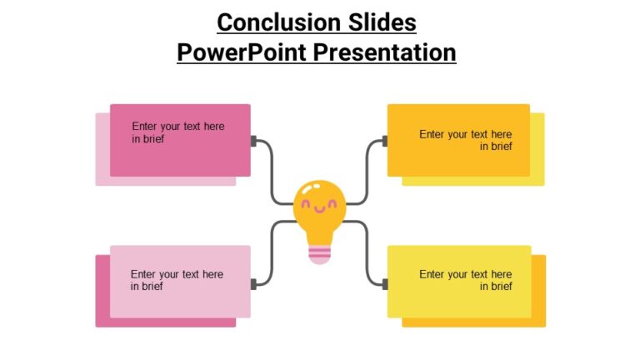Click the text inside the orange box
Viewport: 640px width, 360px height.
[465, 140]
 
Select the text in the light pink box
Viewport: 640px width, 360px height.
[177, 280]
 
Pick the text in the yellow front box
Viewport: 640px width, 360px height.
[465, 280]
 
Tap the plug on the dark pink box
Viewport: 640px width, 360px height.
[253, 142]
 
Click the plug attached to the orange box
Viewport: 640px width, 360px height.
[384, 142]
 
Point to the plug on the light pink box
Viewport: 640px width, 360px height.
[253, 284]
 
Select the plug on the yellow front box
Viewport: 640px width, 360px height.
[384, 284]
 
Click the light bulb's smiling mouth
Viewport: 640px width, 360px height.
[320, 208]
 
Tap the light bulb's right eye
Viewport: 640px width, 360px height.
[333, 202]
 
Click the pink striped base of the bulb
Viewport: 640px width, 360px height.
[320, 253]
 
